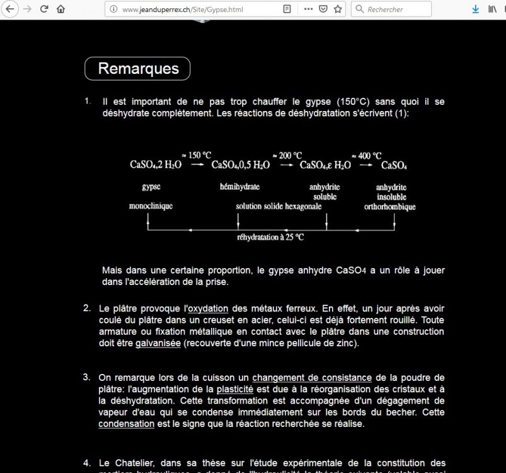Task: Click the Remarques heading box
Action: [x=137, y=69]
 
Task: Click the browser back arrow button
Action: [x=10, y=9]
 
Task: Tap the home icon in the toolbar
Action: [x=60, y=9]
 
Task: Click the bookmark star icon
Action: [x=338, y=9]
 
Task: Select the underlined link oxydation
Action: [x=208, y=309]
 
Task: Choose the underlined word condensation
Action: [x=126, y=424]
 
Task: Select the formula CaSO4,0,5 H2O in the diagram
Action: [x=241, y=166]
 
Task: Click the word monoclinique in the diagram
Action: [x=151, y=206]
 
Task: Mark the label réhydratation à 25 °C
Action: [x=270, y=238]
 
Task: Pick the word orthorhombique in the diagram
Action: [x=389, y=206]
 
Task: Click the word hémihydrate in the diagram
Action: [x=239, y=187]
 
